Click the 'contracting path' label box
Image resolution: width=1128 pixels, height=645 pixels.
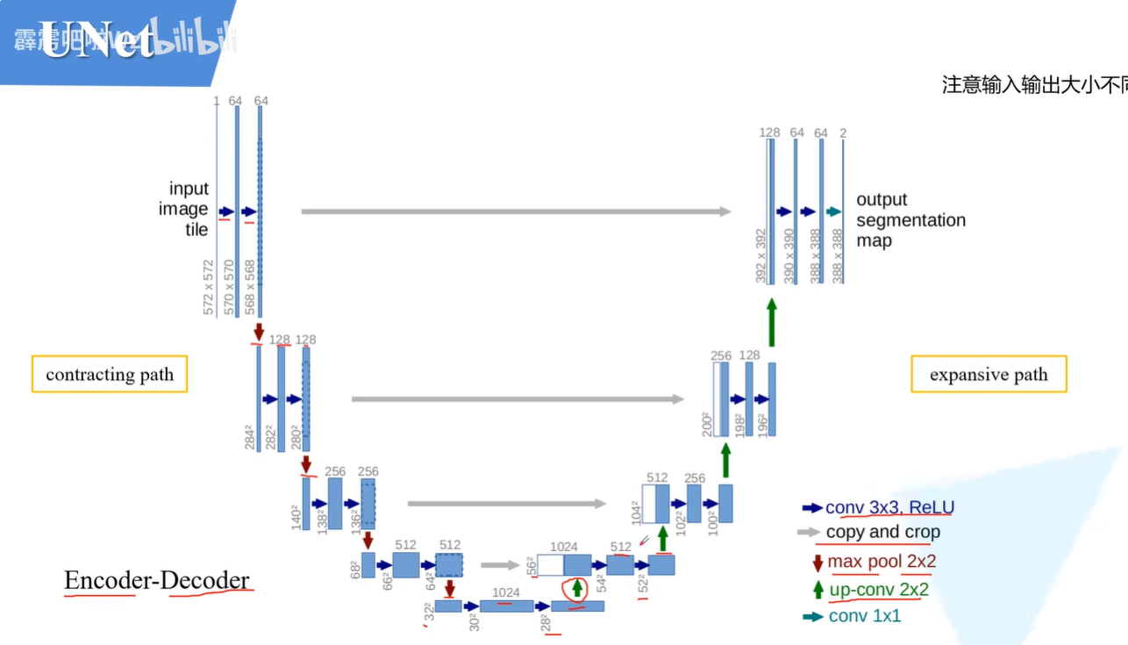point(110,375)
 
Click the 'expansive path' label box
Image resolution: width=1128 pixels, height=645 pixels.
point(989,375)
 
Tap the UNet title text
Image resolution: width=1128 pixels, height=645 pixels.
point(96,42)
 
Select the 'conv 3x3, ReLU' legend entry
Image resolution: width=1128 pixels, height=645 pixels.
point(889,507)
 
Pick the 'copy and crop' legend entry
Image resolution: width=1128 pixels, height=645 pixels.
point(882,532)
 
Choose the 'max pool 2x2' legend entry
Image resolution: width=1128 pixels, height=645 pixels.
point(881,562)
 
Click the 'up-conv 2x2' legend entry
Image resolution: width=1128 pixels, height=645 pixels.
point(878,590)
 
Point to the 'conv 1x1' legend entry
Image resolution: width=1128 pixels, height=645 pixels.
point(864,616)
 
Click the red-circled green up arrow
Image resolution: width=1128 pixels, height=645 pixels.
point(576,589)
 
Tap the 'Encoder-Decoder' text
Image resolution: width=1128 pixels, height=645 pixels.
point(157,581)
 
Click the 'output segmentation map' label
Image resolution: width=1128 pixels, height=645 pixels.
point(910,220)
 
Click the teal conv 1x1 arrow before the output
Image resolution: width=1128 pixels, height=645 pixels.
point(833,211)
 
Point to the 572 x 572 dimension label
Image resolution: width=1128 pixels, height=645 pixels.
point(209,287)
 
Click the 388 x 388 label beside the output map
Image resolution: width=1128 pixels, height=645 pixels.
point(838,256)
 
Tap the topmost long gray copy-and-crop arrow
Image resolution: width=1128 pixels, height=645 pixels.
point(516,211)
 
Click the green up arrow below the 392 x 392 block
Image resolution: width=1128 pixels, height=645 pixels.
point(772,323)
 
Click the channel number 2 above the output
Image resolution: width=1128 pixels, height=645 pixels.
point(843,133)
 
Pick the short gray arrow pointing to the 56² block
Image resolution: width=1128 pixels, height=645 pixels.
point(500,565)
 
